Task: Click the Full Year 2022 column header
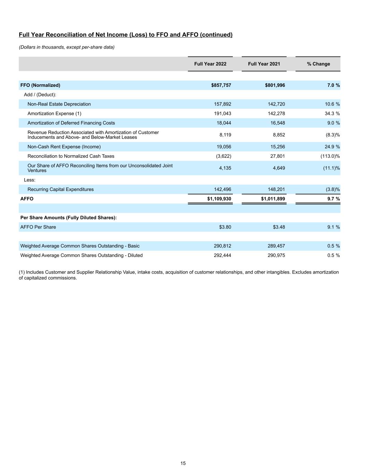[210, 64]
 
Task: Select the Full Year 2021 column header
[264, 64]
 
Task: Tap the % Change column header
[318, 64]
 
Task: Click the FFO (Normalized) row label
[40, 85]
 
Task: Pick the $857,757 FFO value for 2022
[219, 85]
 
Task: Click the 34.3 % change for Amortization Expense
[332, 114]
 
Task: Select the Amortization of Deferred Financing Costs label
[71, 123]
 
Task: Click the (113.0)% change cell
[330, 156]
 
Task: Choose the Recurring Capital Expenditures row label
[60, 190]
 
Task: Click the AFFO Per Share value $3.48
[279, 227]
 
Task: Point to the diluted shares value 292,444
[222, 256]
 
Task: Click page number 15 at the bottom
[183, 463]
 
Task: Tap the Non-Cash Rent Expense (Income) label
[64, 147]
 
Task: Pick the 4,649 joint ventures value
[279, 168]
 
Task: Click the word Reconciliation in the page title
[63, 35]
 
